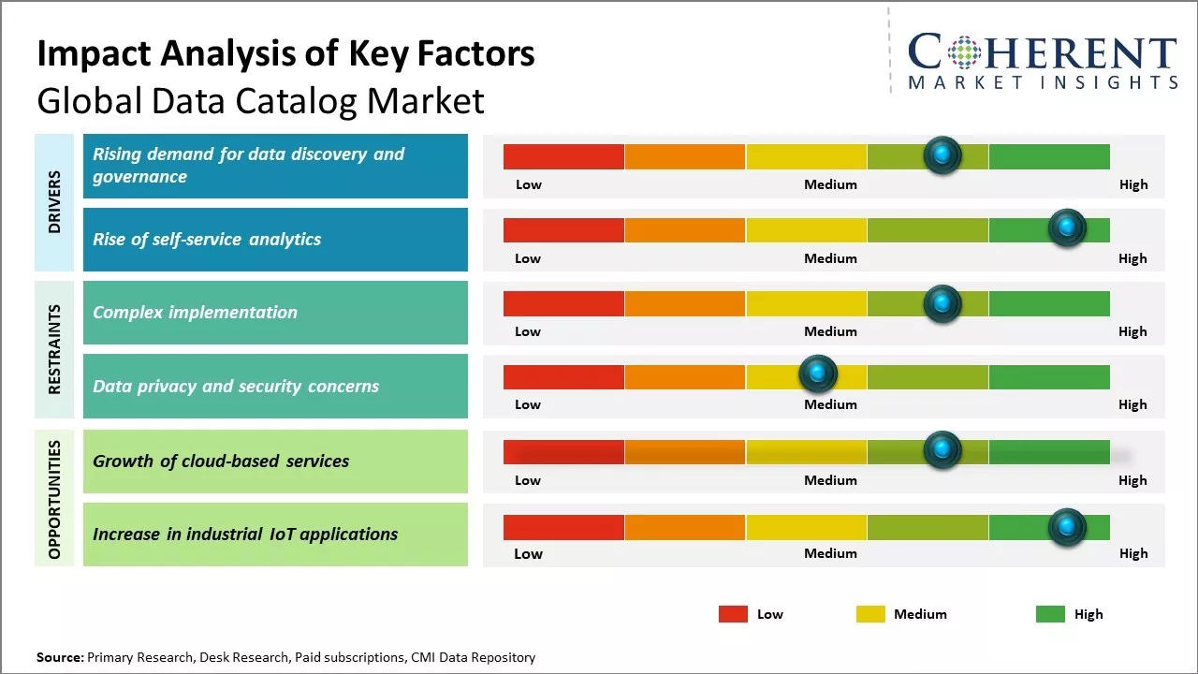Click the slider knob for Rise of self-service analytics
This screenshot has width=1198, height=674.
coord(1066,227)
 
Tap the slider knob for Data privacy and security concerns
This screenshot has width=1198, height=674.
coord(818,374)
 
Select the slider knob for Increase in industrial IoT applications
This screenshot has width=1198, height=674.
coord(1066,527)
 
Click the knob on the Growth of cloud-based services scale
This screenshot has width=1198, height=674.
coord(942,450)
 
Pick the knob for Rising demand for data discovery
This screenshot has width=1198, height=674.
coord(942,154)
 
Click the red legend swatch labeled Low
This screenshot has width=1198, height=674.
coord(733,614)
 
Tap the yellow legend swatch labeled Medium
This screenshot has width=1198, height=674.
coord(870,614)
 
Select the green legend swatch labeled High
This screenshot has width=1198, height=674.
coord(1050,614)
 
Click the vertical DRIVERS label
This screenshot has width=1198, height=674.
coord(53,202)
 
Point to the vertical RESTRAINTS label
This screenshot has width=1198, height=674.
coord(53,349)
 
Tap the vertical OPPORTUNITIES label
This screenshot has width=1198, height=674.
coord(53,499)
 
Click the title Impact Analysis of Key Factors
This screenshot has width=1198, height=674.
coord(285,53)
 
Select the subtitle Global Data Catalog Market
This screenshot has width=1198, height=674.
coord(260,100)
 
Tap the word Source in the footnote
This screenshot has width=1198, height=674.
coord(59,657)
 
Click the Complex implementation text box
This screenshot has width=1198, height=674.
coord(275,313)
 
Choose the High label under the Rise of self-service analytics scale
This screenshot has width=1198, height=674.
coord(1132,258)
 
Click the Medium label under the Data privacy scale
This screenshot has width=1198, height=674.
coord(830,404)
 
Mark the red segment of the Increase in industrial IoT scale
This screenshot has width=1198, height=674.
coord(563,527)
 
